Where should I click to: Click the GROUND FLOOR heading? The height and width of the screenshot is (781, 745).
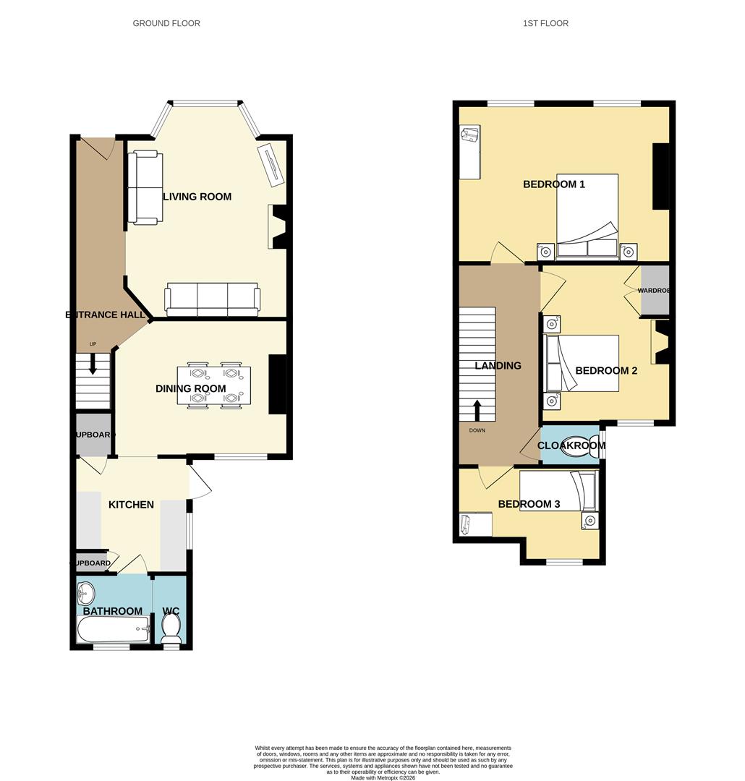point(166,23)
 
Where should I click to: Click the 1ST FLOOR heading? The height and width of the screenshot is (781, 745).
point(545,23)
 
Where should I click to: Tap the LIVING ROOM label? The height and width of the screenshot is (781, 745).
point(197,197)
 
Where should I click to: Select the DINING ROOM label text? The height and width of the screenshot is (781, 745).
point(191,389)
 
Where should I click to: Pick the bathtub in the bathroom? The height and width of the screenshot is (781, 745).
point(114,630)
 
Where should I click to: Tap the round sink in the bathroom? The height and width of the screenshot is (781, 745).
point(85,594)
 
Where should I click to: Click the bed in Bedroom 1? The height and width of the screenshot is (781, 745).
point(587,215)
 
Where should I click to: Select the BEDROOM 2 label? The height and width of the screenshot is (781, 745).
point(606,371)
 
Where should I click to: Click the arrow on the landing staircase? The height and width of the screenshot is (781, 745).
point(477,410)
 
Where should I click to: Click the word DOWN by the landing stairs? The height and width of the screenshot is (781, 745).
point(477,430)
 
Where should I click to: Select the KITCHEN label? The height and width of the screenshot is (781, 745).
point(131,505)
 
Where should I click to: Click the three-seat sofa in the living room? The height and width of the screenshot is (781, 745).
point(213,299)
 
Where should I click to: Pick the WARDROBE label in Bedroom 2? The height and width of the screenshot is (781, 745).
point(653,291)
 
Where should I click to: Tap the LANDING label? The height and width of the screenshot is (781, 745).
point(498,366)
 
